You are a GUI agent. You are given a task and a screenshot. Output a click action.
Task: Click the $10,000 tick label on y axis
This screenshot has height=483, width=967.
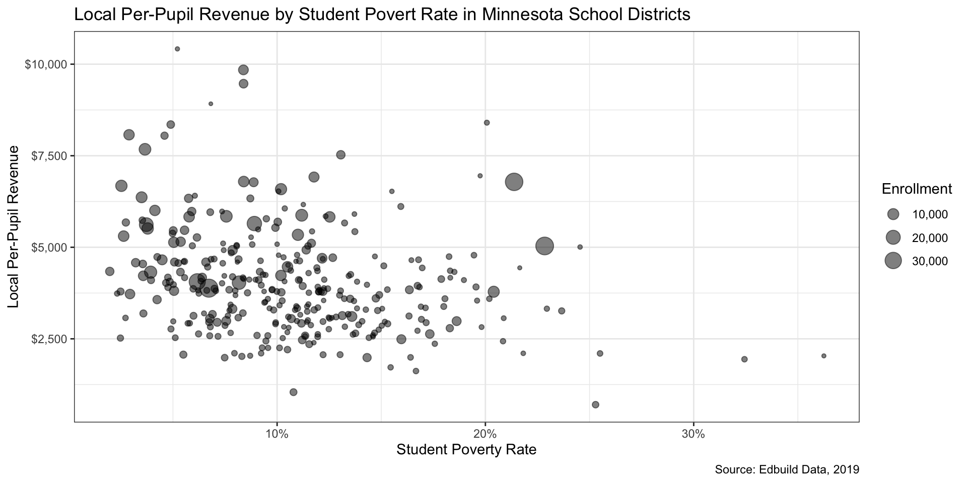tap(46, 64)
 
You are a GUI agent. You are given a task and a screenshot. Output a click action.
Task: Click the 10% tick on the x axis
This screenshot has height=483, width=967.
tap(277, 433)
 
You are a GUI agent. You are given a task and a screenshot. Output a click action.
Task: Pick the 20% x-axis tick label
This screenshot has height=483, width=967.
tap(485, 433)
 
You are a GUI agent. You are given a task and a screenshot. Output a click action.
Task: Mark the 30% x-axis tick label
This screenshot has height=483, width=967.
tap(694, 433)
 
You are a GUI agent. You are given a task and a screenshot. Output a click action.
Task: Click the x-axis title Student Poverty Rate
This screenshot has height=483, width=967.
tap(466, 449)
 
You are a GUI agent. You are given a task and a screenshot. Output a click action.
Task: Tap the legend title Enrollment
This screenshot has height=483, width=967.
tap(917, 189)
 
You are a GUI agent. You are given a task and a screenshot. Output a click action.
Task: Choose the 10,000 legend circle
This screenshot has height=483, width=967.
tap(893, 214)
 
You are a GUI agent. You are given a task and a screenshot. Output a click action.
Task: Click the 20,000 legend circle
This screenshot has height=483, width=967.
tap(893, 237)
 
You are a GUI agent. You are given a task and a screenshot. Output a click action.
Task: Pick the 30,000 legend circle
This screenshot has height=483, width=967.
tap(893, 261)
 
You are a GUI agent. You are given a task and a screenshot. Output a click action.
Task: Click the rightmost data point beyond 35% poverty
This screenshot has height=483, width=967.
tap(824, 356)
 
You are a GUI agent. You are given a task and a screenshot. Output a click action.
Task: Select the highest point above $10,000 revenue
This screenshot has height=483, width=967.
tap(177, 49)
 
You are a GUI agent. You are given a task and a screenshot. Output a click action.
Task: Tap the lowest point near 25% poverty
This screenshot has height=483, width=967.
tap(595, 405)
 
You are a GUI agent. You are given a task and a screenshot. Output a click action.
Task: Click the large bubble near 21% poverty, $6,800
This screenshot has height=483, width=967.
tap(514, 182)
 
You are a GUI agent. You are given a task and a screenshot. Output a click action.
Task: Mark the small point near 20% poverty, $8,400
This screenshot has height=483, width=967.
tap(487, 122)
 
